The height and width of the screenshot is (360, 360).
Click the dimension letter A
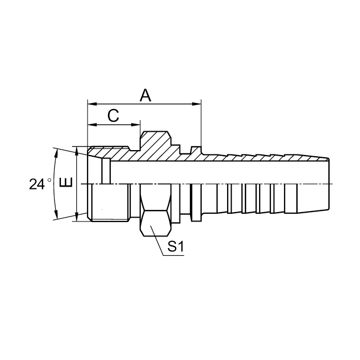pyautogui.click(x=146, y=95)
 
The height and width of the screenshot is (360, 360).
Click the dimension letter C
pyautogui.click(x=113, y=116)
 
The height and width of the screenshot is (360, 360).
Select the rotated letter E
pyautogui.click(x=66, y=183)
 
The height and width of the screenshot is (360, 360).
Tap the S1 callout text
pyautogui.click(x=176, y=246)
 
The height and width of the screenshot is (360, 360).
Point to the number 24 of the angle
pyautogui.click(x=37, y=184)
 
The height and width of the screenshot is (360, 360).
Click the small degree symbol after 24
pyautogui.click(x=49, y=180)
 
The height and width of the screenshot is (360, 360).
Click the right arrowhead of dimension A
pyautogui.click(x=197, y=104)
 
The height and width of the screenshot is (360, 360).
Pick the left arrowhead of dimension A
pyautogui.click(x=92, y=104)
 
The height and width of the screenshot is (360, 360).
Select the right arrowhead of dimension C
pyautogui.click(x=136, y=125)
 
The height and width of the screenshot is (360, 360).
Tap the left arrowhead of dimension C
pyautogui.click(x=92, y=125)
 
